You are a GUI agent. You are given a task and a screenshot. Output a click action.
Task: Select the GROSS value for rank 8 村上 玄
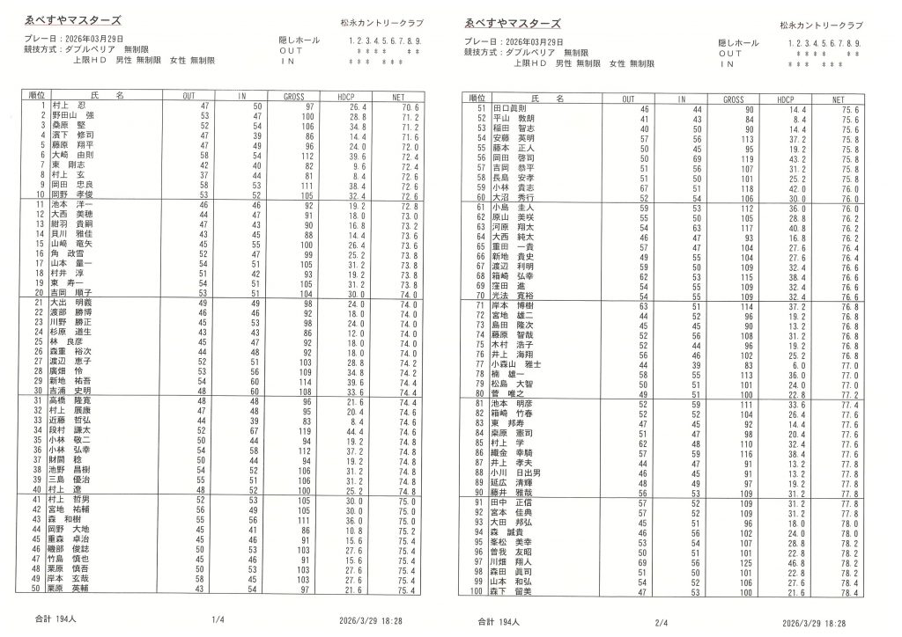click(x=308, y=175)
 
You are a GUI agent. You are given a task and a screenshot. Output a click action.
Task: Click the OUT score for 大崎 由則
click(x=204, y=156)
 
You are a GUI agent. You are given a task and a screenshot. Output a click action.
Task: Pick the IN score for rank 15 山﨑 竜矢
click(x=254, y=245)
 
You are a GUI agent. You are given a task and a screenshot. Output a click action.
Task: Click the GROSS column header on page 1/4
click(x=294, y=94)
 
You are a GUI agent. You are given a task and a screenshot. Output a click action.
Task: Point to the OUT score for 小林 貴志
click(x=644, y=187)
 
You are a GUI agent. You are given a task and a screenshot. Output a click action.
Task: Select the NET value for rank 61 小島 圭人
click(x=851, y=208)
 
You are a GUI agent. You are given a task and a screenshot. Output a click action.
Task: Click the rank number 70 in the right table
click(x=481, y=296)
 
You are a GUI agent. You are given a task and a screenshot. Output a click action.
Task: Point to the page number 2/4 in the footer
click(x=662, y=622)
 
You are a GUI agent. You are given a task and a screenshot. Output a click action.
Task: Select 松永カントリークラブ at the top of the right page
click(x=821, y=26)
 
